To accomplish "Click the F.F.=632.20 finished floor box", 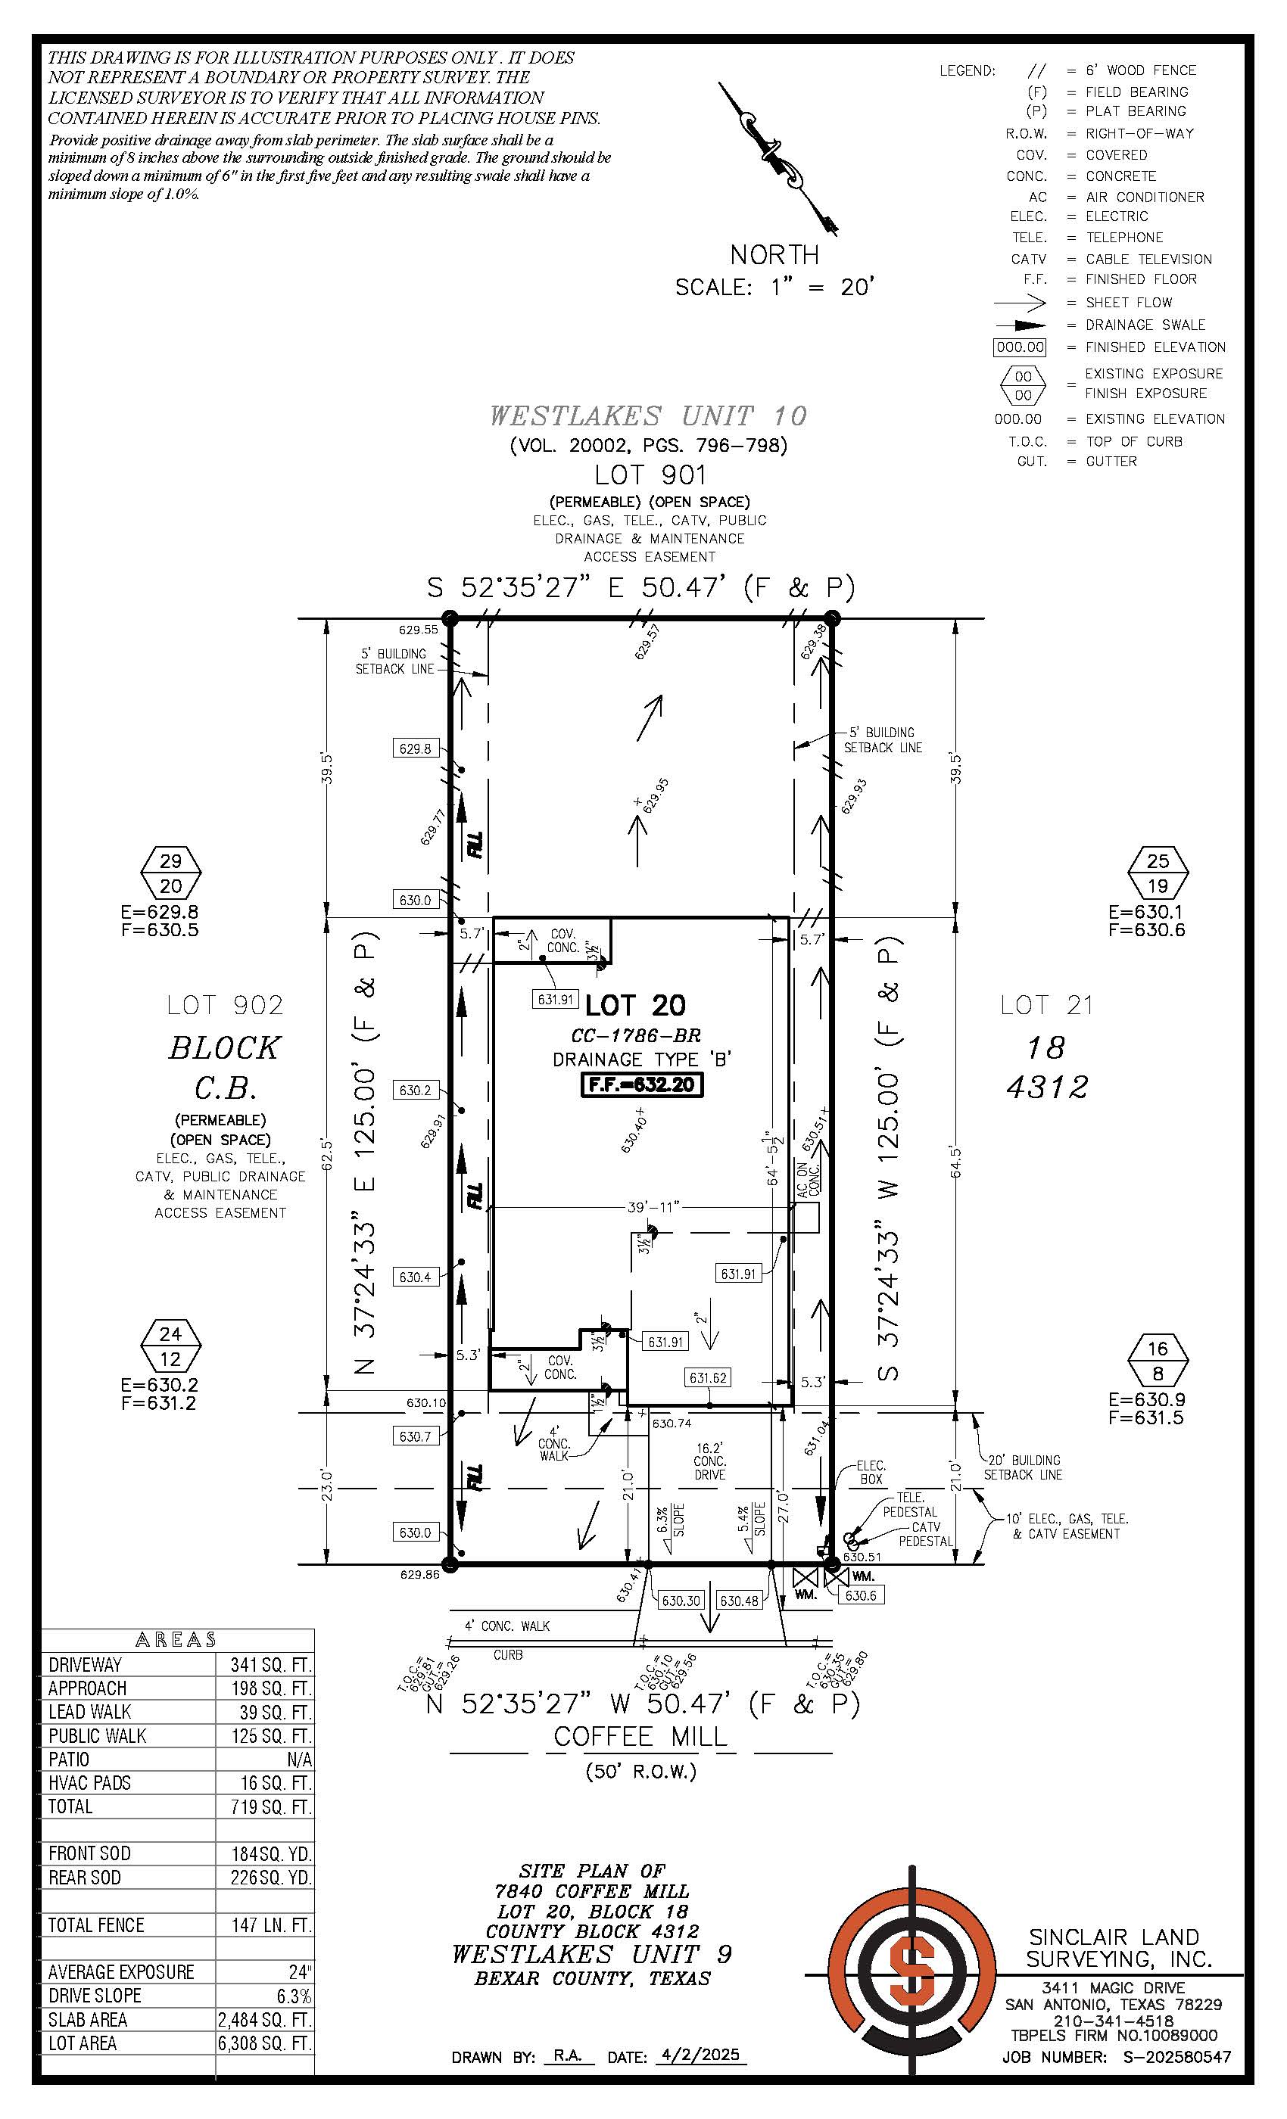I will point(642,1084).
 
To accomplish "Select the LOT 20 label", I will point(636,1004).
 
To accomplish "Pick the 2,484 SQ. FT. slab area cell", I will point(264,2019).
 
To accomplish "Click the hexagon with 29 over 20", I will point(171,873).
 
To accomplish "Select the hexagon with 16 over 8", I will point(1158,1361).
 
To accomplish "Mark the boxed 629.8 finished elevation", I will point(415,748).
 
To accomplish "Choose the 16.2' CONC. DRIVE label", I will point(710,1461).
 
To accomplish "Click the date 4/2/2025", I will point(700,2055).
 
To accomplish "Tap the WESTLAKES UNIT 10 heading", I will point(649,416).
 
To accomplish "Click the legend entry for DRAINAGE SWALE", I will point(1145,325).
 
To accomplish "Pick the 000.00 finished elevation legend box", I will point(1020,347).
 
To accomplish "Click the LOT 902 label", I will point(225,1004).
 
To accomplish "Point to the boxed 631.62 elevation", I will point(708,1377).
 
